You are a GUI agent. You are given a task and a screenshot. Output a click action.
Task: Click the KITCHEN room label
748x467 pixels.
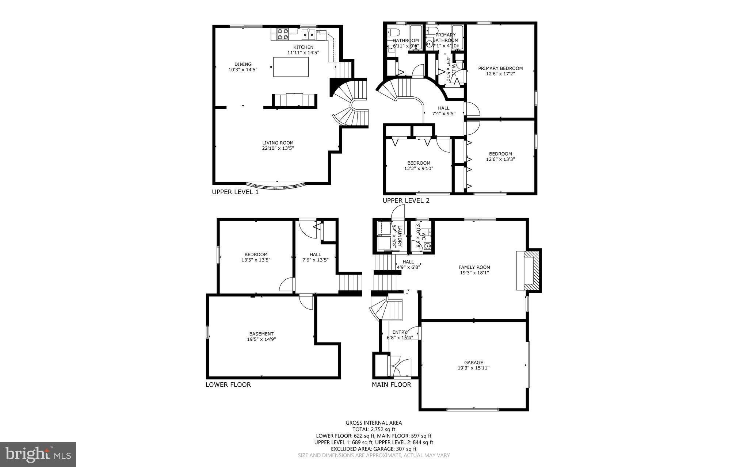click(x=303, y=47)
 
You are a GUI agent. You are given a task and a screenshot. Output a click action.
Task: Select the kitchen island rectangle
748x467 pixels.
click(x=291, y=67)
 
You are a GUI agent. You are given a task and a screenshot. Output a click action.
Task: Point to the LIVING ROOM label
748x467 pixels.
click(x=278, y=143)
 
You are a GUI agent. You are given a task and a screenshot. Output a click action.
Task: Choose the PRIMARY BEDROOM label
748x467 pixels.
click(x=500, y=68)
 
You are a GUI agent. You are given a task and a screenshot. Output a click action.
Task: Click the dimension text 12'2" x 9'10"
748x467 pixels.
click(x=419, y=168)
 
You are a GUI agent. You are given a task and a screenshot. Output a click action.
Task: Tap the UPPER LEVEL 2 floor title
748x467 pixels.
click(x=406, y=200)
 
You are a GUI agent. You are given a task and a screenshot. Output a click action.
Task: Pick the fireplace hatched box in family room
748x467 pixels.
click(x=533, y=271)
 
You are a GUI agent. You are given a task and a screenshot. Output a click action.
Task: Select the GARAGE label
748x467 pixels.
click(x=473, y=363)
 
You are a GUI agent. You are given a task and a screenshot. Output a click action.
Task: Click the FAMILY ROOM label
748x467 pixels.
click(x=474, y=267)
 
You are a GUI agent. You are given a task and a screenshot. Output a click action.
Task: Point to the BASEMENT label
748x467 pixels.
click(x=261, y=334)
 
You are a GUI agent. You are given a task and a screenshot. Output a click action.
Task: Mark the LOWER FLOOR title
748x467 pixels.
click(x=228, y=384)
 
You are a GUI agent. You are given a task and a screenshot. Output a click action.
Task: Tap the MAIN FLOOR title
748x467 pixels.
click(x=391, y=384)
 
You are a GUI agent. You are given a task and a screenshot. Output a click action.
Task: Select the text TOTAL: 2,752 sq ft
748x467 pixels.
click(x=374, y=429)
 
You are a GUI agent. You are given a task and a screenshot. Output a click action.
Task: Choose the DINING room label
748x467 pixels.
click(x=243, y=64)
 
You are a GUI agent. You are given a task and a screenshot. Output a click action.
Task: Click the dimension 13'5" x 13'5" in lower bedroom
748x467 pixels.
click(x=256, y=260)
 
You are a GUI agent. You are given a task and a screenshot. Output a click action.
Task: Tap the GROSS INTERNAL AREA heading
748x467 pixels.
click(x=374, y=423)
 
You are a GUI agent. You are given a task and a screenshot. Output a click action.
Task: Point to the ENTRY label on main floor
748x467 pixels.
click(x=400, y=332)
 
